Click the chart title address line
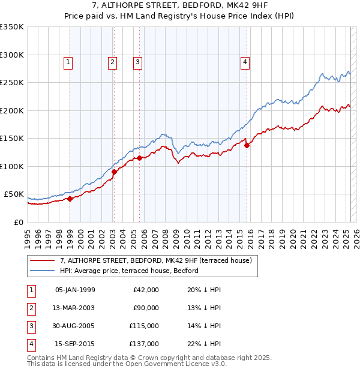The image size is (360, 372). [179, 6]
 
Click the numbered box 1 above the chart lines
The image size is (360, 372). [68, 61]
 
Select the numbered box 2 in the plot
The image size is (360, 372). [112, 61]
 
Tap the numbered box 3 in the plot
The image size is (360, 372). [137, 61]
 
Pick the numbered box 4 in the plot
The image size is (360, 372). [245, 61]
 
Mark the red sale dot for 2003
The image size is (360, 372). [114, 172]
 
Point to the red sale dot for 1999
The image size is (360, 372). [70, 199]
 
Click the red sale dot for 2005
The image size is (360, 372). [139, 158]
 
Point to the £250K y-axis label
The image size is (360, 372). [12, 83]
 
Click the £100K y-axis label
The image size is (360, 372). [12, 166]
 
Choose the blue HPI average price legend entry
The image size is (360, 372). [128, 271]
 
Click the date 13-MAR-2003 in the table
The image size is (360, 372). [75, 308]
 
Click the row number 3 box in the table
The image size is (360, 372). [31, 326]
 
